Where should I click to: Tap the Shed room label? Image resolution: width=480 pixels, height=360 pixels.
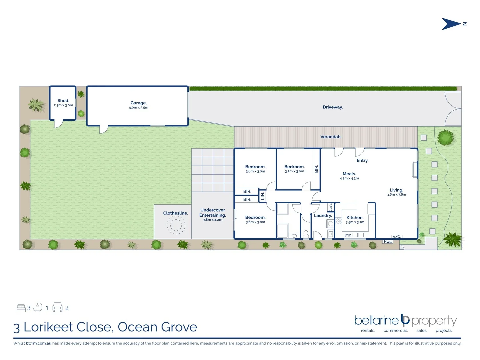pyautogui.click(x=63, y=100)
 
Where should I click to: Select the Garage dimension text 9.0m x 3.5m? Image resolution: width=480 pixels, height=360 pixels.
pyautogui.click(x=139, y=108)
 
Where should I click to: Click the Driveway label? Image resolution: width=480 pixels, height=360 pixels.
pyautogui.click(x=333, y=107)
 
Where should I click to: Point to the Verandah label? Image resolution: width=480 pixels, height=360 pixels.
pyautogui.click(x=331, y=137)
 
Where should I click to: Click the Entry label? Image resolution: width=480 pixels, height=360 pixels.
pyautogui.click(x=362, y=160)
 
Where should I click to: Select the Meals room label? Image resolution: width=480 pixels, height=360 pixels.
pyautogui.click(x=349, y=174)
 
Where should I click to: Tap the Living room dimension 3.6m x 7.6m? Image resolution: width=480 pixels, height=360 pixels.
pyautogui.click(x=396, y=195)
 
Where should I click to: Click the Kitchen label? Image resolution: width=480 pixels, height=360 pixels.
pyautogui.click(x=355, y=217)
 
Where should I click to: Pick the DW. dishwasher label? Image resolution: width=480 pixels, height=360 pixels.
pyautogui.click(x=348, y=235)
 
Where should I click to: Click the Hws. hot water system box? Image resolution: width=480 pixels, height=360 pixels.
pyautogui.click(x=388, y=242)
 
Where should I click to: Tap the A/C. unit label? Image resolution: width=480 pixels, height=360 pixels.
pyautogui.click(x=396, y=237)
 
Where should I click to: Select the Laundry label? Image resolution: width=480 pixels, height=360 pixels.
pyautogui.click(x=323, y=215)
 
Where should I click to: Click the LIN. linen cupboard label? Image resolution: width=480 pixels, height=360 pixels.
pyautogui.click(x=263, y=196)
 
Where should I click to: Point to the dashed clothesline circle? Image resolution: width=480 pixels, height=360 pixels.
pyautogui.click(x=176, y=225)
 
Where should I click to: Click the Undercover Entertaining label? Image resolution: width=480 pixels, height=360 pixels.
pyautogui.click(x=213, y=213)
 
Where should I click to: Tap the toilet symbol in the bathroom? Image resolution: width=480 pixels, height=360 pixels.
pyautogui.click(x=306, y=234)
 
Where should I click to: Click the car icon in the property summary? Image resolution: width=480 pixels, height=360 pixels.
pyautogui.click(x=57, y=307)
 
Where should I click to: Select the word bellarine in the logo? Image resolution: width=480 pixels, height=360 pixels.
pyautogui.click(x=376, y=320)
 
